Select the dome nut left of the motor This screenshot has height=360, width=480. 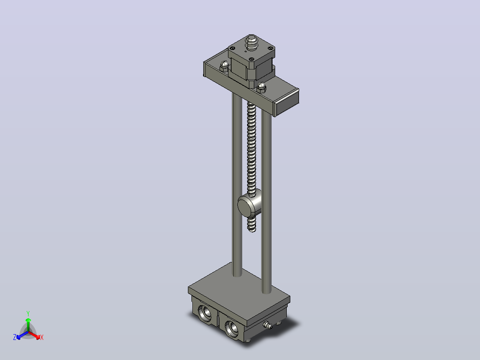pos(224,65)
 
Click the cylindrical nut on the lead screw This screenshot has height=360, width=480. pos(250,204)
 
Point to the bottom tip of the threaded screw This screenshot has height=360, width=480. pos(252,230)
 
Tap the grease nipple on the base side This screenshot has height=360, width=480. pos(268,325)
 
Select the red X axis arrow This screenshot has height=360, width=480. pos(34,335)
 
